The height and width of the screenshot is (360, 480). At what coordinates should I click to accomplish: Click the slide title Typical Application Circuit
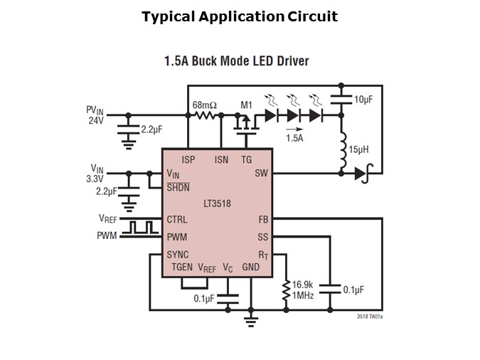coord(240,16)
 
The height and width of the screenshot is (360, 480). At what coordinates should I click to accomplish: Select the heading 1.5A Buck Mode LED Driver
coord(237,61)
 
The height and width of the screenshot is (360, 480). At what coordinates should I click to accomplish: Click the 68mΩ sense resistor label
coord(205,105)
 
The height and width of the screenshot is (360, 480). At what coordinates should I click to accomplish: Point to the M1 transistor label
coord(246,105)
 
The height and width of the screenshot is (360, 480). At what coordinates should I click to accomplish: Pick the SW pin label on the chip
coord(261,174)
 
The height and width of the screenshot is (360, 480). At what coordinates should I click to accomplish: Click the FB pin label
coord(262,220)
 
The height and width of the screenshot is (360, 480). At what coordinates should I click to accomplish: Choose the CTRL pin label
coord(176,220)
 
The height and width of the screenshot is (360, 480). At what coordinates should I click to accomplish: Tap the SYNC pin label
coord(177,254)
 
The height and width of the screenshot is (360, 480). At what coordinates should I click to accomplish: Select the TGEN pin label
coord(182,268)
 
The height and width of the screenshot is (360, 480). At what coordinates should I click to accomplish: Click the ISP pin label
coord(188,160)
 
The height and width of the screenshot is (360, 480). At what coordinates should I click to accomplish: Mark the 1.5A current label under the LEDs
coord(294,138)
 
